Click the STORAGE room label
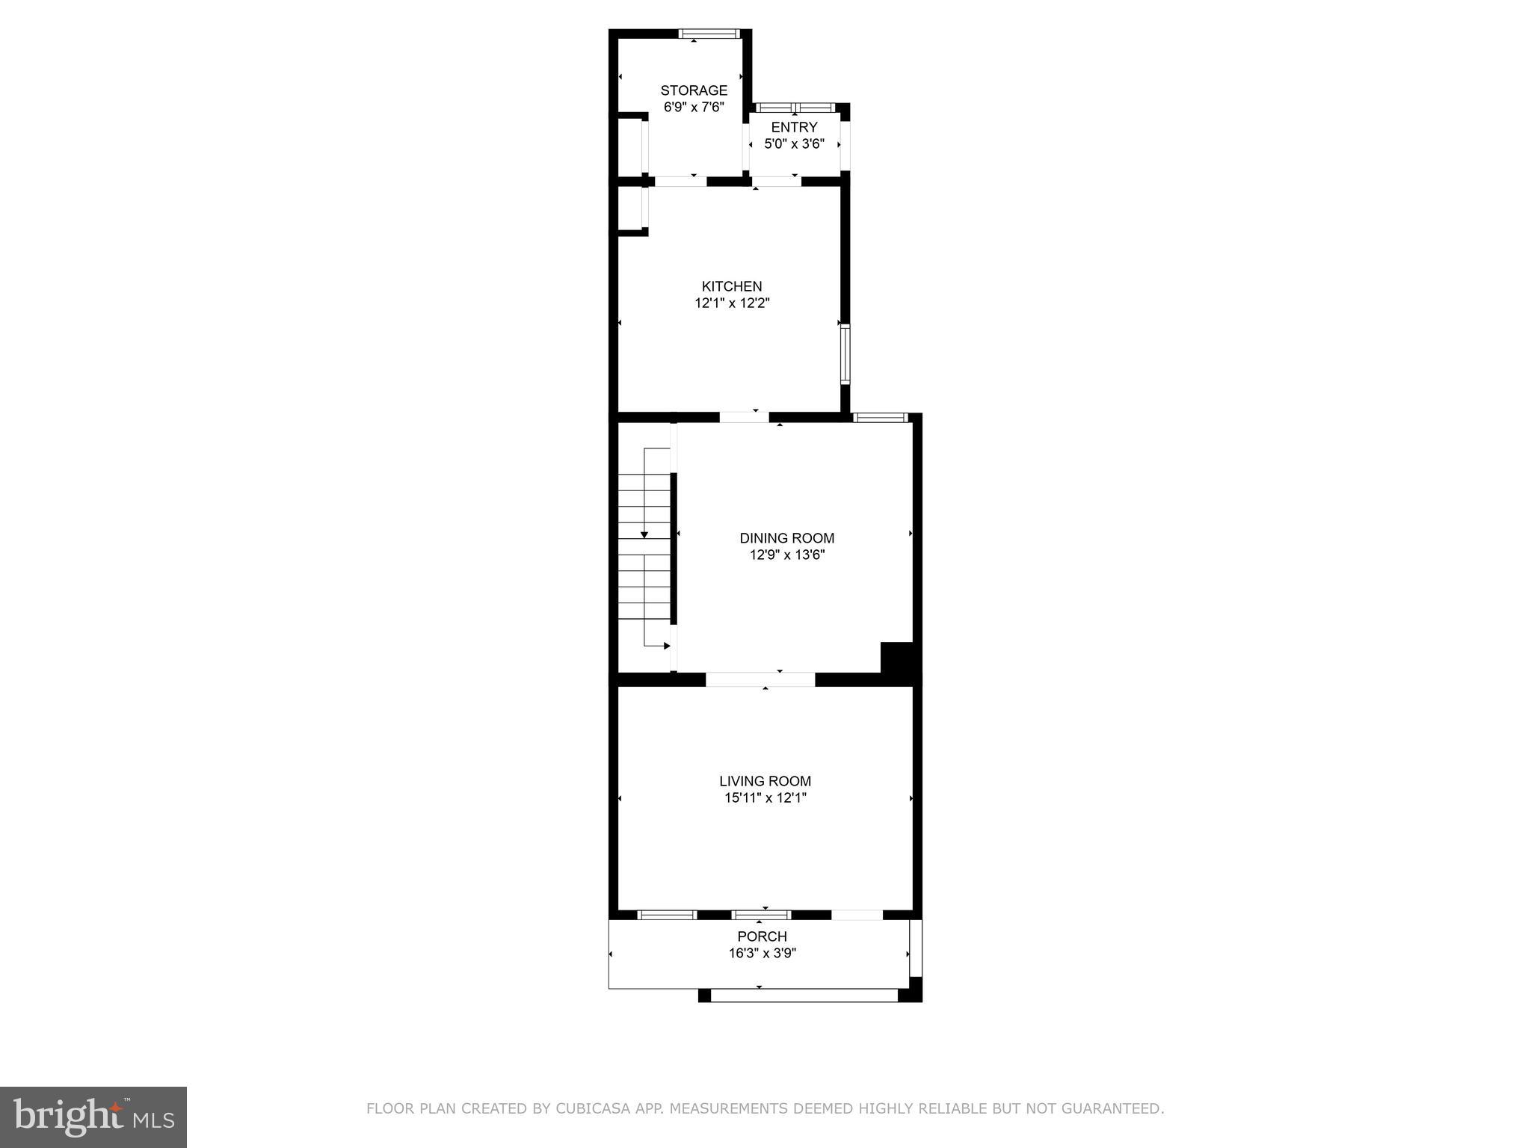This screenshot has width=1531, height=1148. click(694, 90)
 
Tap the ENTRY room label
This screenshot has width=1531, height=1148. click(794, 127)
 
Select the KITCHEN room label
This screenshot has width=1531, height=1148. click(732, 286)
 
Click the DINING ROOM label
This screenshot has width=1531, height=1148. click(786, 538)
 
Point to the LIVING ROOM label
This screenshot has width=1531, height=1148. click(765, 781)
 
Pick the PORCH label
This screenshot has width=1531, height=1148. click(762, 936)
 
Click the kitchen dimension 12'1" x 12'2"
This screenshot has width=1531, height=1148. click(732, 303)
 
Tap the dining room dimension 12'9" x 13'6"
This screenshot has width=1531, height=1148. click(786, 555)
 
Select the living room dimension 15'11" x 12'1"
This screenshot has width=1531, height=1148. click(765, 798)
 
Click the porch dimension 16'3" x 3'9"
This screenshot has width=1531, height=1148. click(762, 954)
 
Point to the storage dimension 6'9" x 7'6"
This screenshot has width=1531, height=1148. click(694, 108)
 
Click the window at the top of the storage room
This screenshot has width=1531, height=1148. click(709, 34)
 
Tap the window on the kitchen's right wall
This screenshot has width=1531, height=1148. click(845, 354)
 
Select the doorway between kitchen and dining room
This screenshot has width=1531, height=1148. click(744, 417)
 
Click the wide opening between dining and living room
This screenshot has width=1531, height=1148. click(760, 679)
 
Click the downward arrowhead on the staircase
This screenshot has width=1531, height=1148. click(644, 534)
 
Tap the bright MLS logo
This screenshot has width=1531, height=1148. click(93, 1117)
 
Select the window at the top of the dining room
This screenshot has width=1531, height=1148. click(881, 418)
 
